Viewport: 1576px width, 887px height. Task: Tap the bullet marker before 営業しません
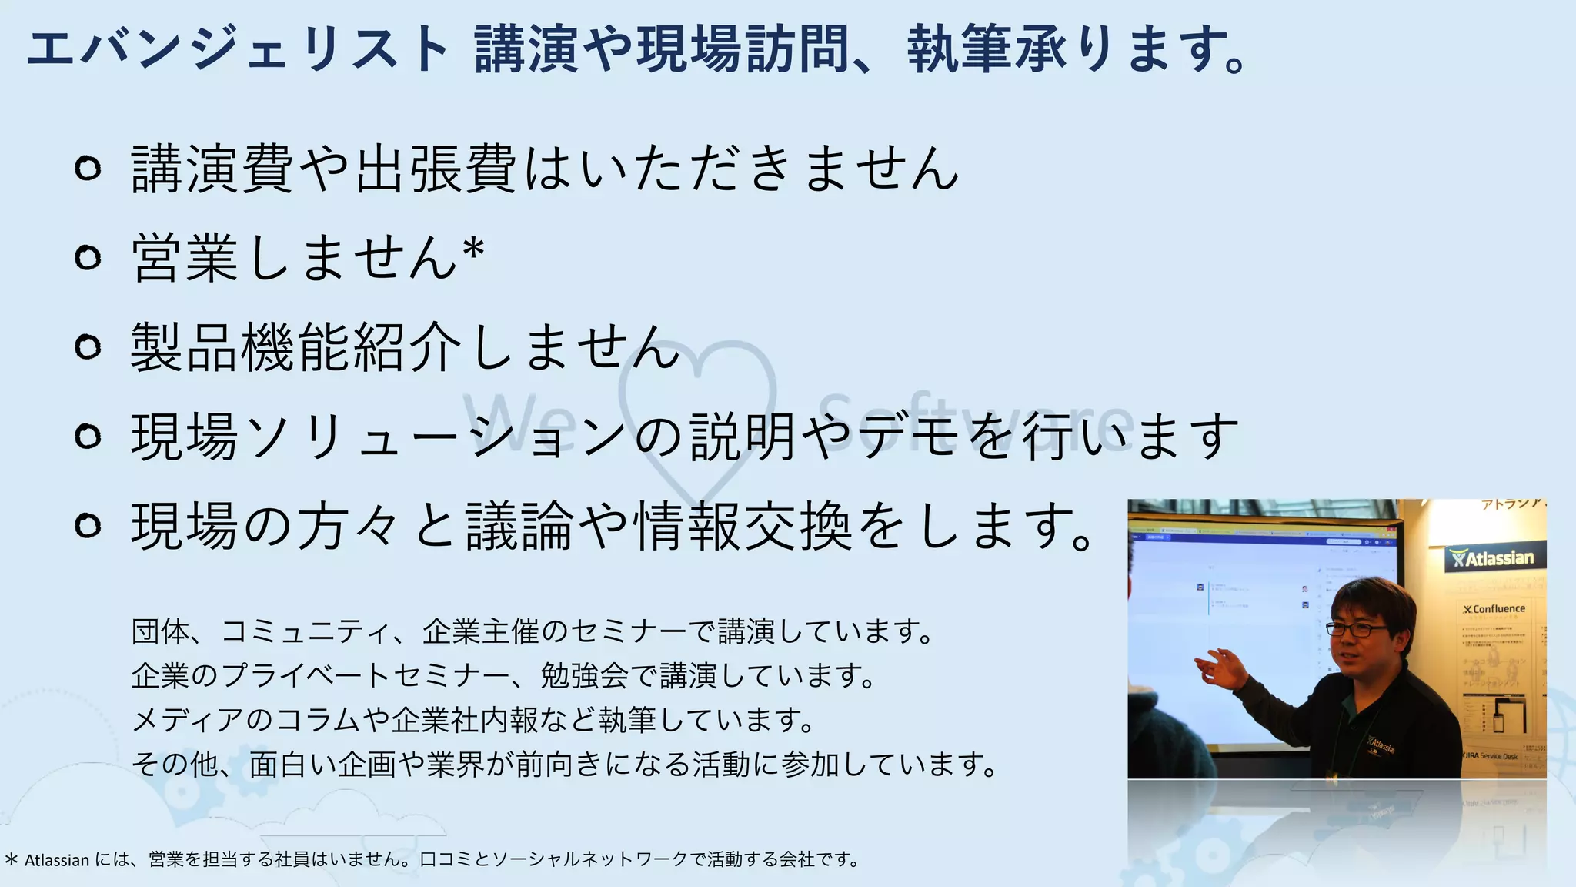[88, 257]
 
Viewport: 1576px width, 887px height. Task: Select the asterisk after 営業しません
[473, 249]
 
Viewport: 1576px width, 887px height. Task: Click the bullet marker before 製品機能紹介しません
[88, 346]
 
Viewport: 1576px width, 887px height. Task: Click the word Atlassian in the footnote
[57, 860]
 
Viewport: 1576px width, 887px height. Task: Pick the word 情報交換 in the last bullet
[743, 526]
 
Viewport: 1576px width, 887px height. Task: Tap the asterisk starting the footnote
[11, 859]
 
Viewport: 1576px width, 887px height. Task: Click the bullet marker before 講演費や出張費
[88, 168]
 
